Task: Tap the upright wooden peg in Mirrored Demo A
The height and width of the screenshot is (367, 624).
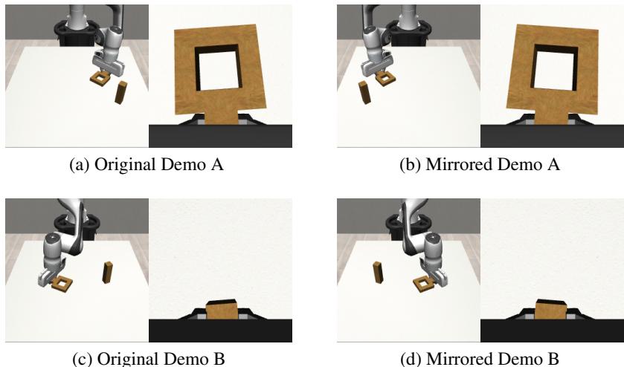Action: coord(364,93)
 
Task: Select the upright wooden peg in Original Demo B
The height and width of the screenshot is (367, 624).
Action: coord(107,273)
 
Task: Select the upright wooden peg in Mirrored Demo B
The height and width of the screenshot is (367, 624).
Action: coord(376,273)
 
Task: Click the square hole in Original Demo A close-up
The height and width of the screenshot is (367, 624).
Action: coord(219,75)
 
